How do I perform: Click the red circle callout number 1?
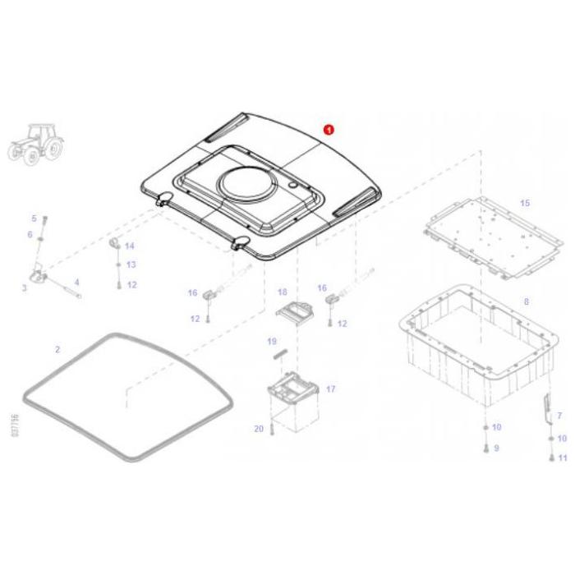tap(329, 129)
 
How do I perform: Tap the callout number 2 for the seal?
tap(57, 349)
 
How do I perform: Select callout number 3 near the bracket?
tap(24, 287)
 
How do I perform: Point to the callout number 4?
tap(76, 282)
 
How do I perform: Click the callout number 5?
tap(34, 218)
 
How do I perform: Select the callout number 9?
tap(496, 448)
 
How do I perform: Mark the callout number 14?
tap(130, 246)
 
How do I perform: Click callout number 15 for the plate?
tap(525, 202)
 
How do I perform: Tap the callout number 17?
tap(331, 389)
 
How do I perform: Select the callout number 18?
tap(282, 292)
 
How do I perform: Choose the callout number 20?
tap(258, 429)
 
